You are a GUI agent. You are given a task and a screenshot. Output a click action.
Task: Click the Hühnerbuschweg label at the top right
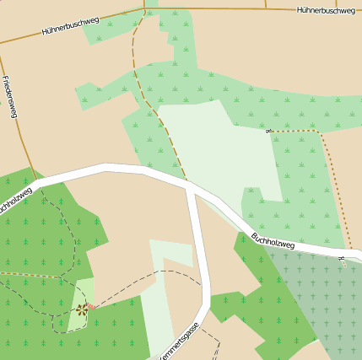(325, 11)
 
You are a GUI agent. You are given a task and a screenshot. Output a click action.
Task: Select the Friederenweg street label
(10, 97)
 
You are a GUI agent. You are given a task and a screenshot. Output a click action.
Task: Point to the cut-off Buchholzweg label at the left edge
(14, 201)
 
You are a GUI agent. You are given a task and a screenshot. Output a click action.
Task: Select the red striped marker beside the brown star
(91, 307)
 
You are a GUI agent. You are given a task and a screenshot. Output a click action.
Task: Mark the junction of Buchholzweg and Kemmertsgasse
(192, 186)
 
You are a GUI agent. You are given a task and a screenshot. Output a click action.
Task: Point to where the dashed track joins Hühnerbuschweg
(145, 10)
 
